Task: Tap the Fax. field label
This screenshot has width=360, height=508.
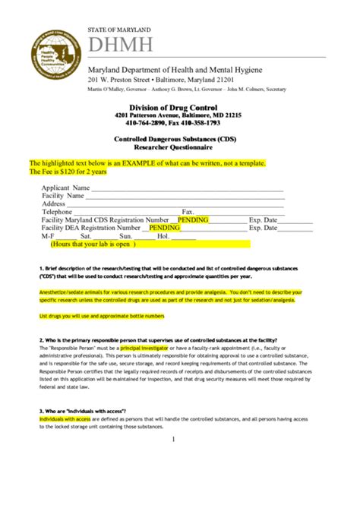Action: click(188, 212)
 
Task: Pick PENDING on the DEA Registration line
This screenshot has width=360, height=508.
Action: click(164, 228)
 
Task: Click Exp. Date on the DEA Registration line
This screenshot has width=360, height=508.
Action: click(265, 228)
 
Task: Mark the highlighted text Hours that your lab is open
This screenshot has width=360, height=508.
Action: click(93, 245)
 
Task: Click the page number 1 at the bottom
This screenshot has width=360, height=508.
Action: click(173, 439)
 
